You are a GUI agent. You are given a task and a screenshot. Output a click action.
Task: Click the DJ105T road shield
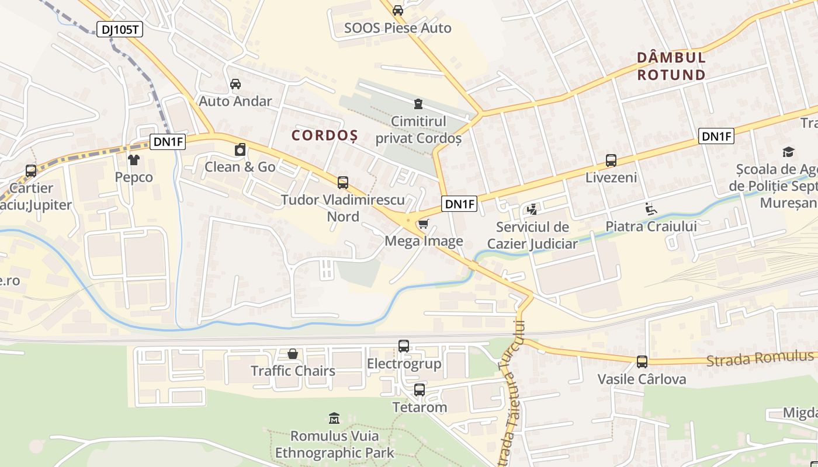[120, 30]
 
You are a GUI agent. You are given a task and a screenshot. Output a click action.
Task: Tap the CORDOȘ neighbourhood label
[325, 135]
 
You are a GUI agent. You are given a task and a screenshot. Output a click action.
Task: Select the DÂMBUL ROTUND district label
[671, 66]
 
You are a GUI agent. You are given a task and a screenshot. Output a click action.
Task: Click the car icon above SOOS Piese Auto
[398, 10]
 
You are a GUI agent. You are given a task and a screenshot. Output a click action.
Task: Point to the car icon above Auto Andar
[235, 83]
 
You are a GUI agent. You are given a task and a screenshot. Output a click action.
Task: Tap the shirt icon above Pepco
[134, 159]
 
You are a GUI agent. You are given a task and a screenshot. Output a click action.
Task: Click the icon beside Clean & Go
[240, 150]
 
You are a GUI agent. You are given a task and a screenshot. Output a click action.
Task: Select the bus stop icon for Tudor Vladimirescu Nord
[343, 183]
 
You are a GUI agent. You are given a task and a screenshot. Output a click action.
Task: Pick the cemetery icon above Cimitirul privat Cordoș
[418, 104]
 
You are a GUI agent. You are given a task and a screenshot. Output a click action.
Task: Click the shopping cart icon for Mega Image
[424, 224]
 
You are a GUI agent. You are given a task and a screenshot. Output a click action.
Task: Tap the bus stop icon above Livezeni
[611, 160]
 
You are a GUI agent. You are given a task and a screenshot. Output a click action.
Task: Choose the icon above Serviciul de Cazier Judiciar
[532, 209]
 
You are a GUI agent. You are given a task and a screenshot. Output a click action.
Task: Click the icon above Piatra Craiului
[651, 208]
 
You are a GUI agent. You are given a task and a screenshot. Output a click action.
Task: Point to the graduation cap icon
[788, 152]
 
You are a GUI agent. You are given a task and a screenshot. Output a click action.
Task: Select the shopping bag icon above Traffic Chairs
[293, 354]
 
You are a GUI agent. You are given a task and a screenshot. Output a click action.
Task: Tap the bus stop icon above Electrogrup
[404, 346]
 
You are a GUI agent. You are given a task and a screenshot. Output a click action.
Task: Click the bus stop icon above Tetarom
[420, 390]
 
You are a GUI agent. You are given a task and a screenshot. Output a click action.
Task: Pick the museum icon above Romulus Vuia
[334, 418]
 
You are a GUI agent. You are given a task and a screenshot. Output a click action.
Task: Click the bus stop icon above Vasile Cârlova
[642, 362]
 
